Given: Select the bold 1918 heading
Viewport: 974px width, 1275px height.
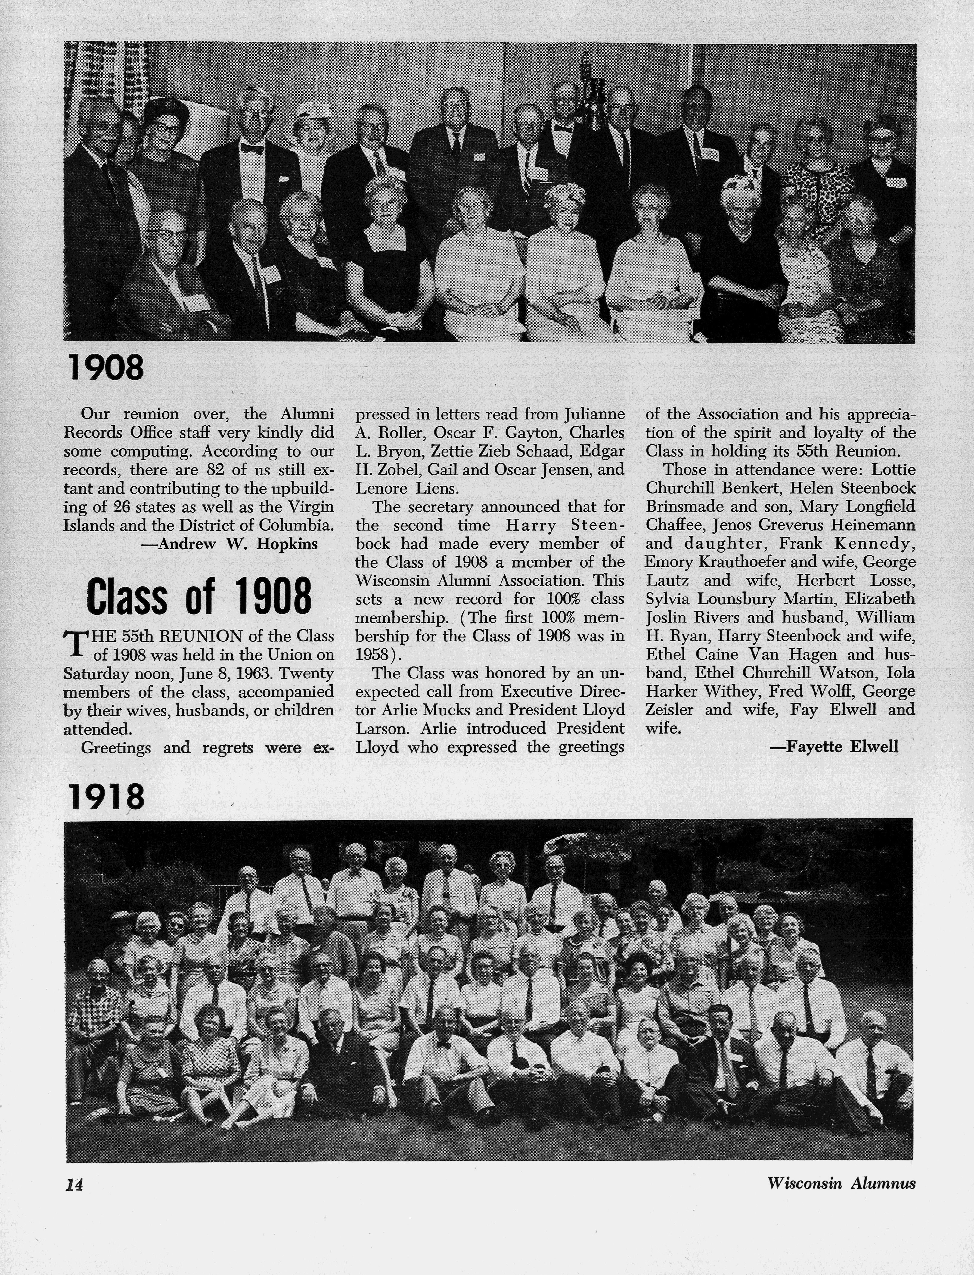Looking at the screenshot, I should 106,797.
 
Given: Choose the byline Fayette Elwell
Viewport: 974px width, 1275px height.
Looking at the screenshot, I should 834,747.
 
